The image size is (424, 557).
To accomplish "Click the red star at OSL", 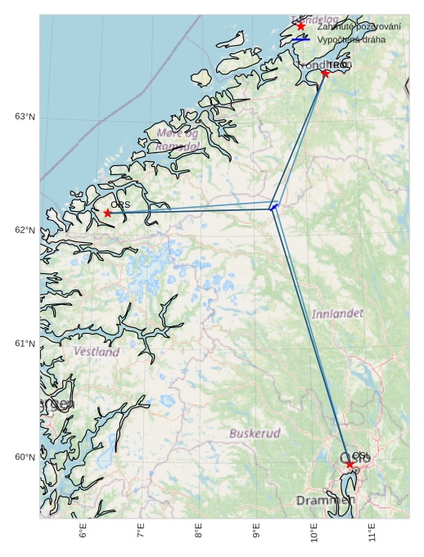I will click(x=350, y=464).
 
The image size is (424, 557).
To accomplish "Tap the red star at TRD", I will click(x=325, y=74).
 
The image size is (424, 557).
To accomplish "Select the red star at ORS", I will click(x=107, y=213).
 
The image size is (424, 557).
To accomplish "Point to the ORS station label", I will click(x=120, y=204).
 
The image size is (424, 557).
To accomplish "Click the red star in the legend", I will click(x=300, y=26).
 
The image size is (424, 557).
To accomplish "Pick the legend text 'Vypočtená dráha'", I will click(x=351, y=39).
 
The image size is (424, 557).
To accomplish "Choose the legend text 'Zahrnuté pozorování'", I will click(x=359, y=26).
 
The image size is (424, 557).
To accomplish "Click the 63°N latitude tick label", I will click(x=25, y=117).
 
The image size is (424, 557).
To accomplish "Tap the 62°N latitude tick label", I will click(x=25, y=231).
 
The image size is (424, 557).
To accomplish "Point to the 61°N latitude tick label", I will click(x=25, y=344).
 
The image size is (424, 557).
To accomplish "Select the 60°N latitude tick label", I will click(x=25, y=457).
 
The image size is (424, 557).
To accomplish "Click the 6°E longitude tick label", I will click(x=83, y=532).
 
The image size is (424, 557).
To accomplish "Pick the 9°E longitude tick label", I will click(x=257, y=532).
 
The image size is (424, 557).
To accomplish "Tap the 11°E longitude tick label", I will click(x=372, y=532).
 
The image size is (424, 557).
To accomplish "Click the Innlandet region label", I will click(x=337, y=313).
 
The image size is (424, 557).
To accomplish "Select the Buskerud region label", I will click(x=255, y=433).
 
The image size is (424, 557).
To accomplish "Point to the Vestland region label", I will click(x=97, y=352).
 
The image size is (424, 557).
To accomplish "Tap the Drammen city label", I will click(x=325, y=500).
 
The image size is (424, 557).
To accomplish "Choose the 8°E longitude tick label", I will click(x=199, y=532).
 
